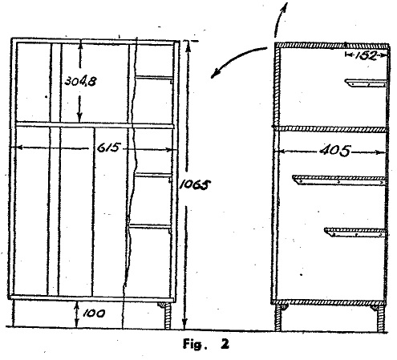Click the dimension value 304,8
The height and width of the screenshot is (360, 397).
click(80, 81)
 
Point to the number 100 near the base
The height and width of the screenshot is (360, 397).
click(94, 313)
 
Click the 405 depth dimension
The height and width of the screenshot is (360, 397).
click(334, 151)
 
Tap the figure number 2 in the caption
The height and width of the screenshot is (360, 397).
click(225, 344)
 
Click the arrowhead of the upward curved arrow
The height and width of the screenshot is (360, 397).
click(285, 6)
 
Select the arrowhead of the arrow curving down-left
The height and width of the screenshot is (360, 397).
click(215, 74)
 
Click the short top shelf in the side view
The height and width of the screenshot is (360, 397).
click(366, 83)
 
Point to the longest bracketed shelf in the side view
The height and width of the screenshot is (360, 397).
click(339, 180)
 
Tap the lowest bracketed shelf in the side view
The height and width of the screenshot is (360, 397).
click(355, 232)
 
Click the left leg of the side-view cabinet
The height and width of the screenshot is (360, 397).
click(278, 318)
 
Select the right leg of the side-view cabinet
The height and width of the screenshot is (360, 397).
click(380, 318)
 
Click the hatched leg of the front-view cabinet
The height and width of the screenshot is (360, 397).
click(167, 315)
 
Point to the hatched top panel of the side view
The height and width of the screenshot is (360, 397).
click(331, 46)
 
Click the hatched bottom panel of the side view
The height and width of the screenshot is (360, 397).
click(328, 302)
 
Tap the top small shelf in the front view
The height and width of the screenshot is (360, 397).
click(154, 78)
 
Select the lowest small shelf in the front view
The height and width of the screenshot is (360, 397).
click(150, 227)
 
